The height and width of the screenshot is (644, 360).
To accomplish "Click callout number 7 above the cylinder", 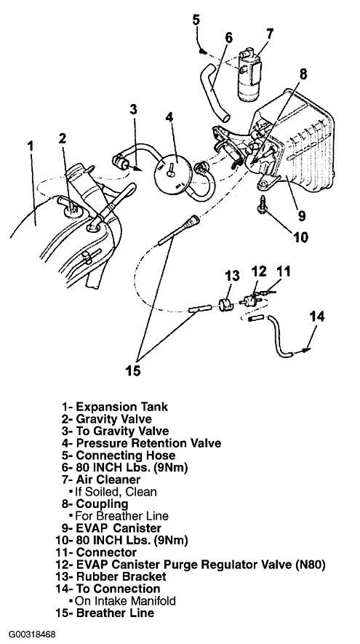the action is pos(269,33).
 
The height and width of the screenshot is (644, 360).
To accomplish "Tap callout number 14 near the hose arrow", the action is pos(316,317).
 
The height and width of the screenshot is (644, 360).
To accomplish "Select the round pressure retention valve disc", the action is pos(173,175).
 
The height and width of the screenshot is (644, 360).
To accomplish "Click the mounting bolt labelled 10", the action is pos(261,204).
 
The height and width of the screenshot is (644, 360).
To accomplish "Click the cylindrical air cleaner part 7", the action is pos(249,75).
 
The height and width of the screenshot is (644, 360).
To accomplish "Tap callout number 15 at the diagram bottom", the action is pos(133,371).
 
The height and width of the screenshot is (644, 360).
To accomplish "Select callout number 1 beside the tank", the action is pos(31,146).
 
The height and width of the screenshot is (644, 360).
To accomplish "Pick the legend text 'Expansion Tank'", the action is pos(122,407).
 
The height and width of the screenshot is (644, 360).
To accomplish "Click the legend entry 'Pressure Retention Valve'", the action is pos(148,444).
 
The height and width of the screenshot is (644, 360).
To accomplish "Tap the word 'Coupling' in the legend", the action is pos(103,504).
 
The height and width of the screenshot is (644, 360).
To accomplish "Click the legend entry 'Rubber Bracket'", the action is pos(121,576).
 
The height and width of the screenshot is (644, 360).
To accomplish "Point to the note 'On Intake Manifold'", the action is pos(125,601).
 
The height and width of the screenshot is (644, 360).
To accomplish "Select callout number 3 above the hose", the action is pos(133,110).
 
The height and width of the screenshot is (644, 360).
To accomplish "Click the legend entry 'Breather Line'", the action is pos(115,613).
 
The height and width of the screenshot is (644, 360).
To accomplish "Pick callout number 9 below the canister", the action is pos(302,215).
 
